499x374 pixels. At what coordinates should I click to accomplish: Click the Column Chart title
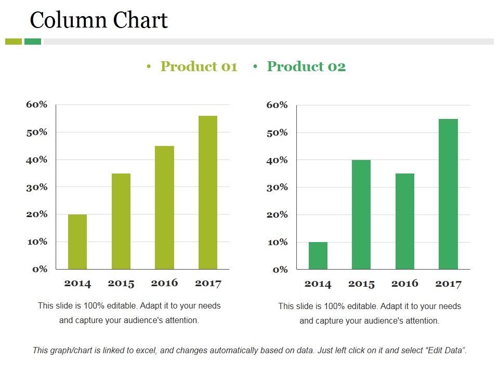(x=99, y=20)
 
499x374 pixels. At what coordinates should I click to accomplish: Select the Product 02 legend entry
(x=306, y=66)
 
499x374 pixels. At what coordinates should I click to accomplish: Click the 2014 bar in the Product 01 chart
(x=77, y=242)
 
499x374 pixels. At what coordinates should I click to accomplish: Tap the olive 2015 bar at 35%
(x=121, y=221)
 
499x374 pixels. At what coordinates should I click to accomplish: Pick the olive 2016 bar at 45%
(x=165, y=207)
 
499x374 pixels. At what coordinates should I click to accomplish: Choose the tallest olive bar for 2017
(x=208, y=192)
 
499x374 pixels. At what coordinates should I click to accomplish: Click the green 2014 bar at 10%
(x=318, y=256)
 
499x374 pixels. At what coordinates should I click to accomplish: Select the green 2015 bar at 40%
(x=361, y=215)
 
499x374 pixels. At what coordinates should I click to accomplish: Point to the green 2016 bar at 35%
(x=405, y=221)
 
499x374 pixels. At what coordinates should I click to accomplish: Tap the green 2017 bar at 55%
(x=448, y=194)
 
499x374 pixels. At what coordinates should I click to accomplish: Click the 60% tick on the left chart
(x=36, y=104)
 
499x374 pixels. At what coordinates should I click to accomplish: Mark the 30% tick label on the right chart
(x=277, y=187)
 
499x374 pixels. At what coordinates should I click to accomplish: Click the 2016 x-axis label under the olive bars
(x=164, y=283)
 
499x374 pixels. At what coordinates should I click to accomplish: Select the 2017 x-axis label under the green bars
(x=448, y=284)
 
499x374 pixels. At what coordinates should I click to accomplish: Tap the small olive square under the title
(x=14, y=42)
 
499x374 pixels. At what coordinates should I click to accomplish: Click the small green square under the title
(x=33, y=42)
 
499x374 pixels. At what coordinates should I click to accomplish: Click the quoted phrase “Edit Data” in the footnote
(x=445, y=350)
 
